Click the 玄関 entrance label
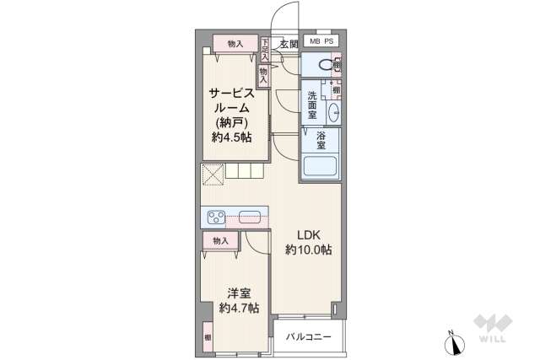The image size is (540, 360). (x=289, y=43)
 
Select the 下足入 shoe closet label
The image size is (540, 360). (x=265, y=50)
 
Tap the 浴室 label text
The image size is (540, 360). (x=321, y=140)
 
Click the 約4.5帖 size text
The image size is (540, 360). (x=230, y=137)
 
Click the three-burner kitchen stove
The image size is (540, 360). (x=216, y=217)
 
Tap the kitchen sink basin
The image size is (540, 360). (x=251, y=216)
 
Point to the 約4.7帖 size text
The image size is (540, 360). (x=238, y=308)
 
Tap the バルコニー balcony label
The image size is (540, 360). (x=308, y=336)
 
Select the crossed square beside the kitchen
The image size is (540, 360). (x=213, y=175)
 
